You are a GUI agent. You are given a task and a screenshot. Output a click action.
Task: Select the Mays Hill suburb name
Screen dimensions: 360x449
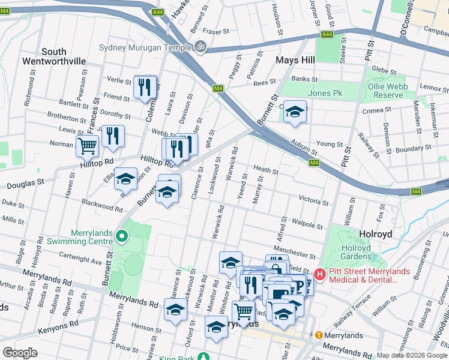[295, 60]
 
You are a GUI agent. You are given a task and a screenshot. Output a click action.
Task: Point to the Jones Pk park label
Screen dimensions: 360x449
[325, 93]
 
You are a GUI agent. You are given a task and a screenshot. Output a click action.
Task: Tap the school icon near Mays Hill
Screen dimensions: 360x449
[295, 112]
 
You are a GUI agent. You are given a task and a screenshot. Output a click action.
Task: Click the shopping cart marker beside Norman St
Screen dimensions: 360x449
[87, 145]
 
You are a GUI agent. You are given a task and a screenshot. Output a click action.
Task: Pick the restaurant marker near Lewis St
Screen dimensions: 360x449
[112, 136]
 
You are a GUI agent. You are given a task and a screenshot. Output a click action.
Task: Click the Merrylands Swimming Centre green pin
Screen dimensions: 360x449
[121, 236]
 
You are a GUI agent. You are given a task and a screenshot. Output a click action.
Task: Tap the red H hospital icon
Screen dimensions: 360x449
[320, 274]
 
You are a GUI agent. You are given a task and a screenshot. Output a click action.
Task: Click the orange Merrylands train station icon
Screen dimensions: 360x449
[319, 335]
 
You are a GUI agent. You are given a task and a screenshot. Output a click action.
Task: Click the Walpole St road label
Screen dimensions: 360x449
[308, 224]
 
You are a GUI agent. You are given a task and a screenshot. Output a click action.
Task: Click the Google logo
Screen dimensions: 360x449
[20, 353]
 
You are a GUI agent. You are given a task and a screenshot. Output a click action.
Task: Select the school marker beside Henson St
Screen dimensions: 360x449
[175, 310]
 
